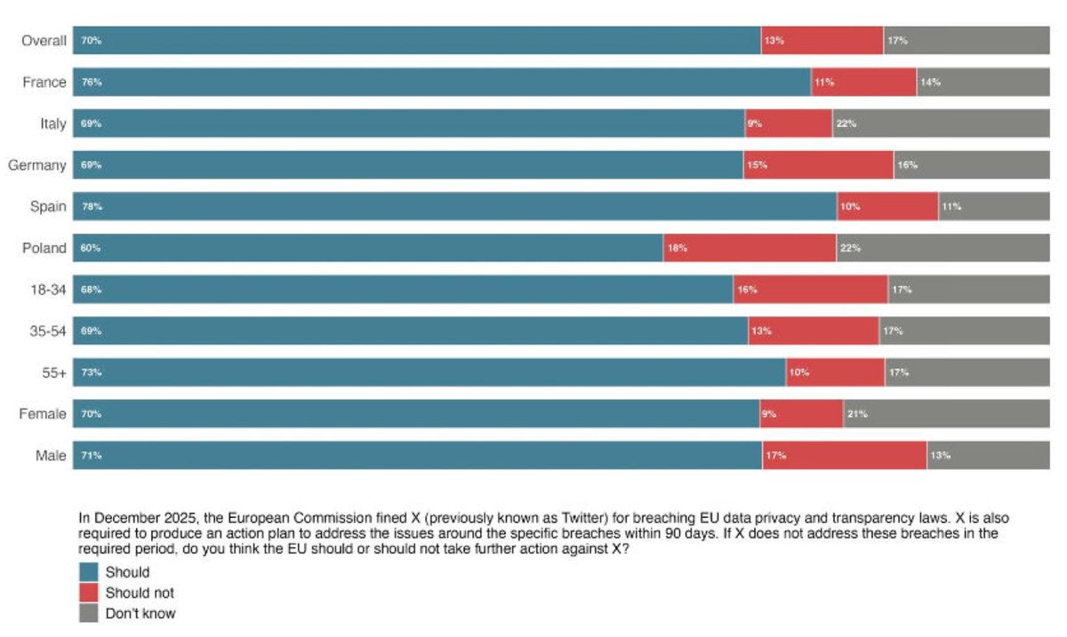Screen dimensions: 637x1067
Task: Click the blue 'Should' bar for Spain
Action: point(454,206)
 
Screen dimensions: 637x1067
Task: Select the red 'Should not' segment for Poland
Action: point(750,248)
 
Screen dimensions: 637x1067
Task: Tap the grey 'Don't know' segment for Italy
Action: point(941,123)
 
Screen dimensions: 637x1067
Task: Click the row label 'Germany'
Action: point(36,165)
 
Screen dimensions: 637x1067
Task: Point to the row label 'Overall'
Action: point(44,41)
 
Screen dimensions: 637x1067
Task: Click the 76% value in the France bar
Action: point(92,83)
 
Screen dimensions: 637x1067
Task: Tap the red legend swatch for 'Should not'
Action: point(89,593)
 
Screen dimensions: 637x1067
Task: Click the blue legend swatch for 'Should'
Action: point(89,573)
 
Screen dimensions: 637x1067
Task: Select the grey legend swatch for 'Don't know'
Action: point(89,613)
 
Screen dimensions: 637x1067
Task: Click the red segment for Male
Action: point(844,456)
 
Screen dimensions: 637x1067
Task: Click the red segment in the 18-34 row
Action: point(810,290)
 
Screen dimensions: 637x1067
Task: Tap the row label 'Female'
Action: point(43,414)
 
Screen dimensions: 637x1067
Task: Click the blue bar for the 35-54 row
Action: point(410,330)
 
